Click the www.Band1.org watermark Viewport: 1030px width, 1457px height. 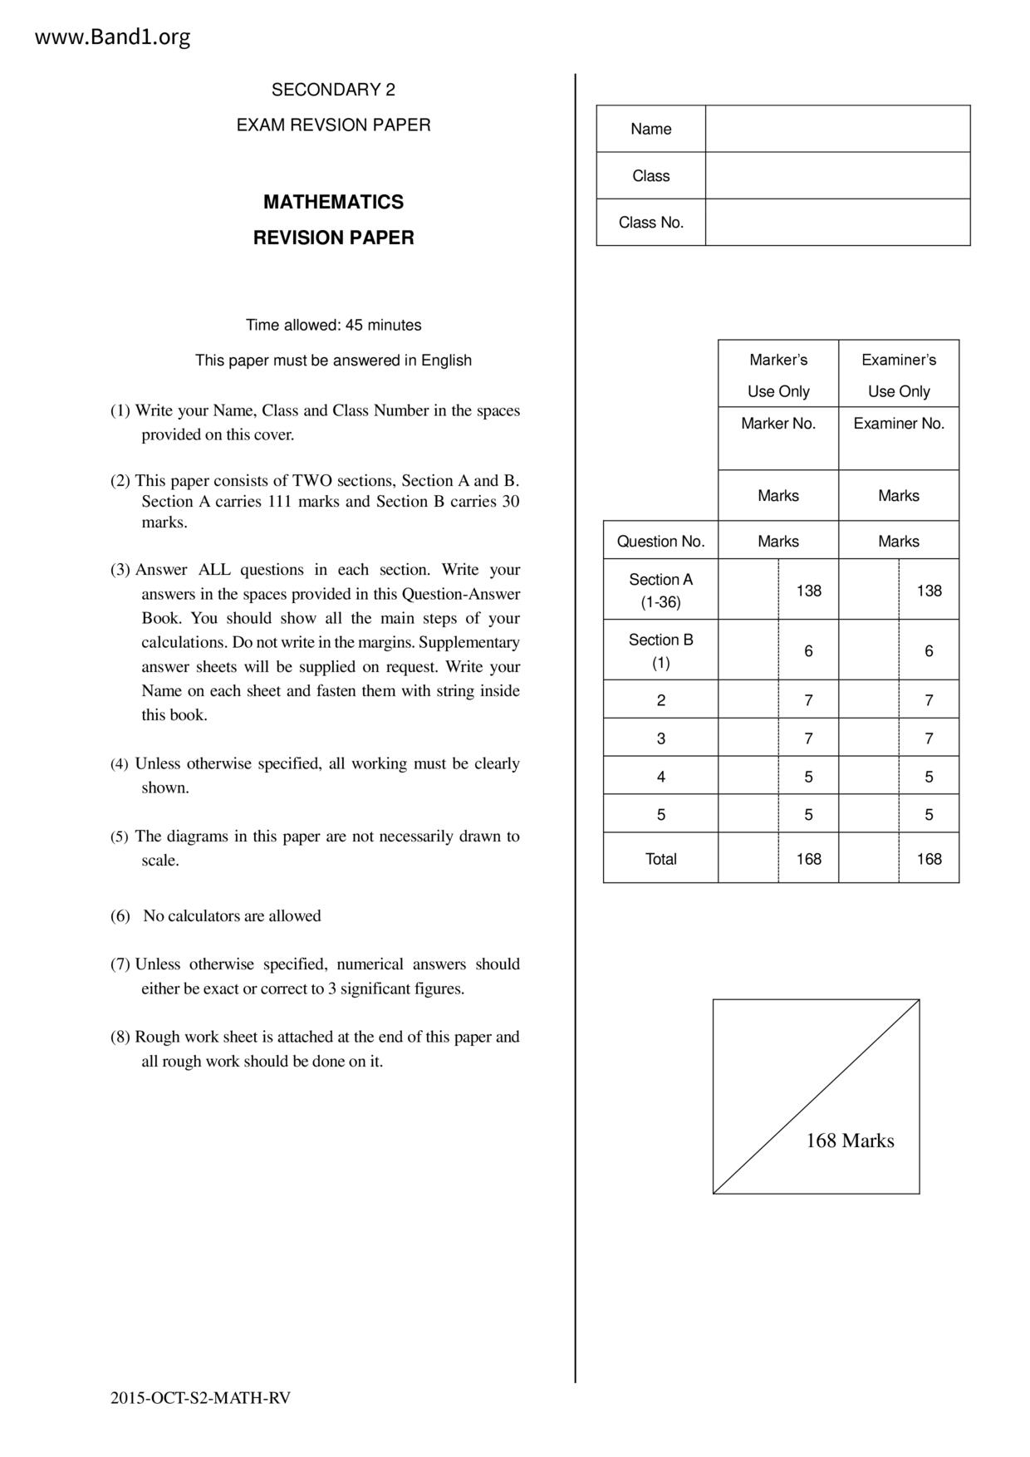[112, 37]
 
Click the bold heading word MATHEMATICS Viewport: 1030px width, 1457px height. [333, 202]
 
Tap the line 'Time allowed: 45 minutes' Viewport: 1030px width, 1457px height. [333, 325]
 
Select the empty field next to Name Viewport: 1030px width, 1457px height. [837, 129]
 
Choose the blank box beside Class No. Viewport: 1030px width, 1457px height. [837, 222]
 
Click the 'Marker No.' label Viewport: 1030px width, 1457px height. [778, 424]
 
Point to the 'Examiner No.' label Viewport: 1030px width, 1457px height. [899, 424]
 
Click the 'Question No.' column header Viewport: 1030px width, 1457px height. [660, 542]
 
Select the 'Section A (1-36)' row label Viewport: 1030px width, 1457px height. [660, 591]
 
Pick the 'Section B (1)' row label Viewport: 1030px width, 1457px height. [660, 651]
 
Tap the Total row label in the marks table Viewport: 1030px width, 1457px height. [660, 859]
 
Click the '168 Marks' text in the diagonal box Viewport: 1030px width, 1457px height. [850, 1141]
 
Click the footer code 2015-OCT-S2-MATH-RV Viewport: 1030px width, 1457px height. [200, 1398]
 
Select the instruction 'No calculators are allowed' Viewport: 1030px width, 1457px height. [232, 916]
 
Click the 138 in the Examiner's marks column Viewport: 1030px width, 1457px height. [929, 591]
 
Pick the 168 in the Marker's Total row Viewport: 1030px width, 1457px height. [808, 859]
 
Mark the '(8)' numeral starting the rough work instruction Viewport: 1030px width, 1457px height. [120, 1037]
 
